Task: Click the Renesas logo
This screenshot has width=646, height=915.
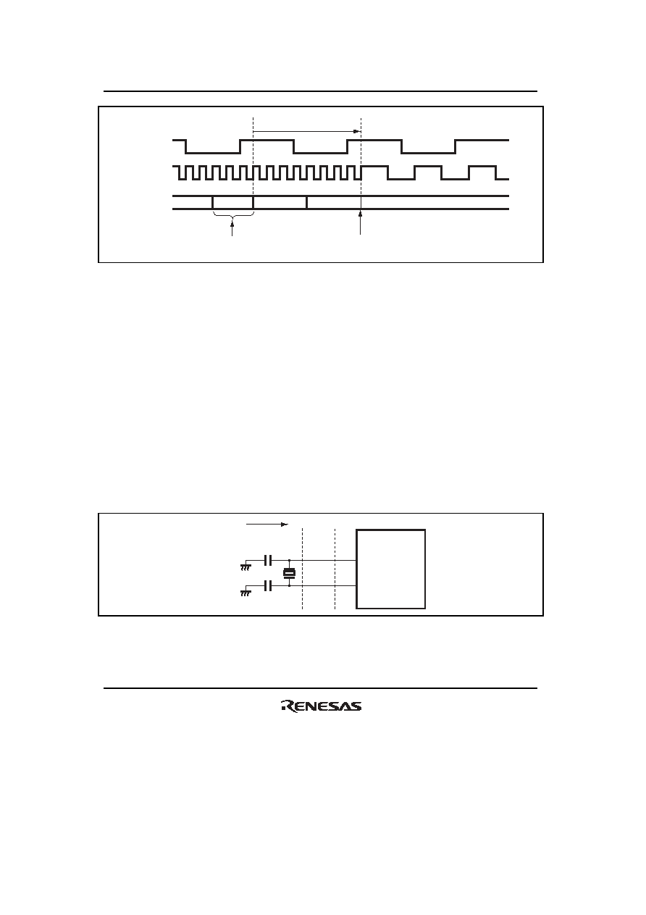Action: pyautogui.click(x=321, y=706)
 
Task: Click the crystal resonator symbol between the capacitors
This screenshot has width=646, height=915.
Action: pyautogui.click(x=289, y=573)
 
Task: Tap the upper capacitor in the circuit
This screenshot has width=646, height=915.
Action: pyautogui.click(x=268, y=561)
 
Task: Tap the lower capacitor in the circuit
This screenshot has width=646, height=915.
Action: pyautogui.click(x=268, y=586)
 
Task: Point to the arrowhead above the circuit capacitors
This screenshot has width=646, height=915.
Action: pyautogui.click(x=285, y=525)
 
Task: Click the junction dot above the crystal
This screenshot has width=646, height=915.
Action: pyautogui.click(x=289, y=561)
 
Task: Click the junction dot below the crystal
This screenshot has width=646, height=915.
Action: pyautogui.click(x=289, y=586)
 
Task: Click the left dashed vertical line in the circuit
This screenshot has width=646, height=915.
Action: pyautogui.click(x=302, y=569)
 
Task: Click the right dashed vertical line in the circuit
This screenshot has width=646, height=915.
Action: pyautogui.click(x=335, y=569)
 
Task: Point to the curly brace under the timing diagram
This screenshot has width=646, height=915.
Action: pyautogui.click(x=232, y=216)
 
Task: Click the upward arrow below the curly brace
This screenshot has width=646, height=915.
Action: pyautogui.click(x=232, y=228)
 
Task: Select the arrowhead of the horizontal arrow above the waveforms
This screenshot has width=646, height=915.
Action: pyautogui.click(x=357, y=132)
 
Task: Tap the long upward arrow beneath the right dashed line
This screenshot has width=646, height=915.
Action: pyautogui.click(x=360, y=222)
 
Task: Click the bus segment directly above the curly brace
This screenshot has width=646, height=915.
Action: pyautogui.click(x=232, y=203)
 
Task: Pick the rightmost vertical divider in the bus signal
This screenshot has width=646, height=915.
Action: pyautogui.click(x=306, y=203)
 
